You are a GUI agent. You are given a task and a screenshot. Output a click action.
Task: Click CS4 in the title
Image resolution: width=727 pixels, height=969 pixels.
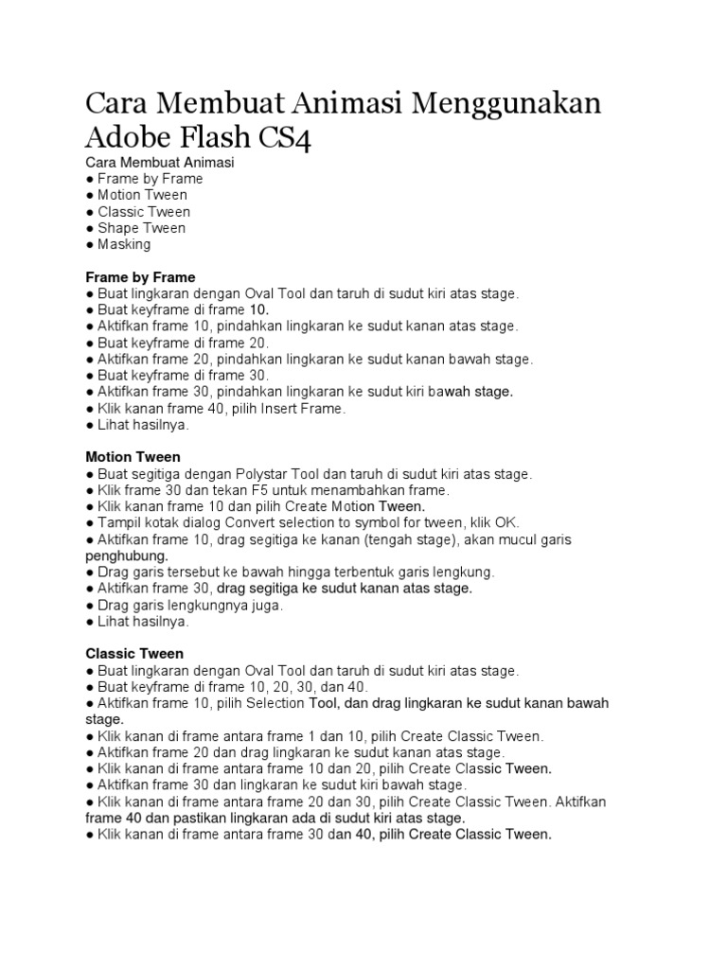pyautogui.click(x=285, y=138)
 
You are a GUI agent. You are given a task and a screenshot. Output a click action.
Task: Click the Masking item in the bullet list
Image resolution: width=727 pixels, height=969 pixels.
pyautogui.click(x=124, y=244)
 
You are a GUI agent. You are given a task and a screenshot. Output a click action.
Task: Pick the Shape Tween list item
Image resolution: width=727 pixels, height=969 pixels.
pyautogui.click(x=142, y=228)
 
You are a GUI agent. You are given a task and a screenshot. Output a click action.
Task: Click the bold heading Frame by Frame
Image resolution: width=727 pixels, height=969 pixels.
pyautogui.click(x=140, y=277)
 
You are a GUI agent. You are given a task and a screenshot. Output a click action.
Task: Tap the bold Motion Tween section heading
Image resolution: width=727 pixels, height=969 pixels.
pyautogui.click(x=133, y=457)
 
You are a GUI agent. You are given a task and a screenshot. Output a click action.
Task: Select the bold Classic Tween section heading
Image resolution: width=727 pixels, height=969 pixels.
pyautogui.click(x=134, y=654)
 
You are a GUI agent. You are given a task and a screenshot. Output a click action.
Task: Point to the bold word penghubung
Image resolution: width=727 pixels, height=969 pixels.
pyautogui.click(x=126, y=555)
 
